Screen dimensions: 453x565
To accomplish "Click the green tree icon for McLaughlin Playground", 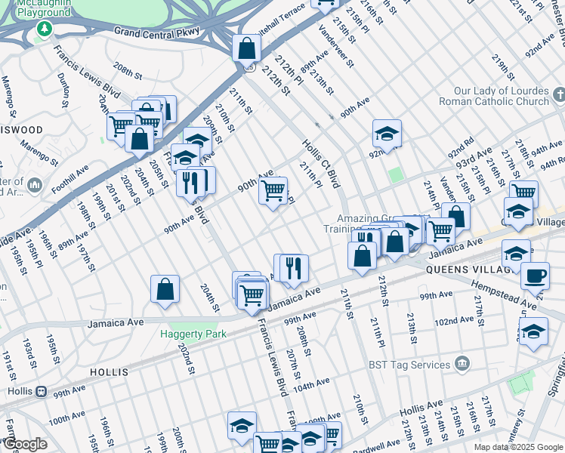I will click(45, 29).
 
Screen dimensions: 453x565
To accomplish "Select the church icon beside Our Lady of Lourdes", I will click(558, 94).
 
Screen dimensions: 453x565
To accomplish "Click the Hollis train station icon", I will click(42, 392).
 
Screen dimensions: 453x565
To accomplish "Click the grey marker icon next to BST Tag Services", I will click(462, 365).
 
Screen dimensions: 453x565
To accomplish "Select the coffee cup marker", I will click(535, 276).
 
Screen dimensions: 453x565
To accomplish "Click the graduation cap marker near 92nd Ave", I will click(387, 134).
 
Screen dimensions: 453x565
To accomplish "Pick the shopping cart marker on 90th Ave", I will click(273, 190).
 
